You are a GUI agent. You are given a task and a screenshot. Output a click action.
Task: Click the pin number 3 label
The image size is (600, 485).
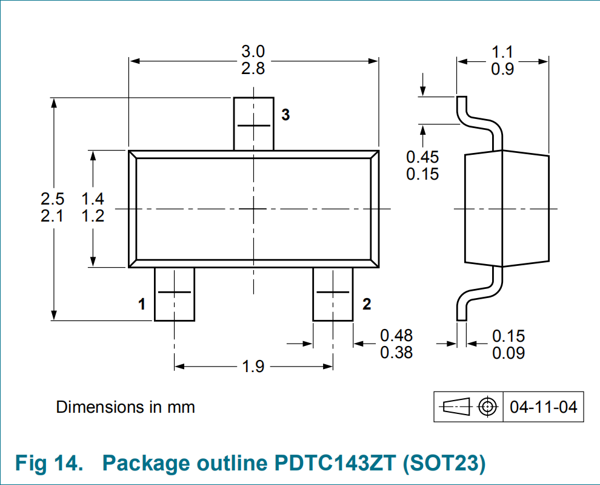tap(285, 115)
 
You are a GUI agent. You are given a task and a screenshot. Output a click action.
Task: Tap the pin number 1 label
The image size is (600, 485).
tap(142, 304)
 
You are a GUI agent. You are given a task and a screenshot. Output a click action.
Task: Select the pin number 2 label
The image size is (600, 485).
tap(367, 304)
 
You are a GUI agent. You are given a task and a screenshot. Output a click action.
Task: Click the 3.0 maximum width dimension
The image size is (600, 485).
tap(253, 52)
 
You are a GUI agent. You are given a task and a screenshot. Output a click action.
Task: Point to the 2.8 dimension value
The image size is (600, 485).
tap(253, 68)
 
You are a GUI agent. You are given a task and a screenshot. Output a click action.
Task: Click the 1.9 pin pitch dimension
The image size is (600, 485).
tap(253, 366)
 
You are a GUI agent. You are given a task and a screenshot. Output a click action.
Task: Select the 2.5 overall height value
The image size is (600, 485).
tap(52, 199)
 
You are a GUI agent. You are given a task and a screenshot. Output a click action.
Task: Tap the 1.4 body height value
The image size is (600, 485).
tap(93, 199)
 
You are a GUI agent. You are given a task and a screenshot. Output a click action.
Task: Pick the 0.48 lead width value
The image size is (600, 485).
tap(396, 336)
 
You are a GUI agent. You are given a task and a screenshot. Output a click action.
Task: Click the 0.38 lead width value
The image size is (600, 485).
tap(396, 352)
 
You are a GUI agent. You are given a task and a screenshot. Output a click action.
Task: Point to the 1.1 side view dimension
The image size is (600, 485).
tap(502, 52)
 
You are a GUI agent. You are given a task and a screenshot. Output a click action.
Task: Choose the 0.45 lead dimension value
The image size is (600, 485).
tap(422, 157)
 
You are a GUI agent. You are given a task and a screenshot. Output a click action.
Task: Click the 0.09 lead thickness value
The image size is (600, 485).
tap(508, 353)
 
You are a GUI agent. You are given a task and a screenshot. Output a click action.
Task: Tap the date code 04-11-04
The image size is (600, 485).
tap(544, 407)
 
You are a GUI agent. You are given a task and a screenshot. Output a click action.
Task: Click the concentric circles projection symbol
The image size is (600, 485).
tap(488, 406)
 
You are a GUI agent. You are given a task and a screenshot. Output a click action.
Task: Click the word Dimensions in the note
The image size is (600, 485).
tap(99, 407)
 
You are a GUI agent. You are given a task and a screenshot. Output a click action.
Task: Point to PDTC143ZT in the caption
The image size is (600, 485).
tap(335, 463)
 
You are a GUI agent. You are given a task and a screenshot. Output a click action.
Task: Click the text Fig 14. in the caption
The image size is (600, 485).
tap(49, 463)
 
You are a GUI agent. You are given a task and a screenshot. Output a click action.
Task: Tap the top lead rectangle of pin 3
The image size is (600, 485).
tap(254, 124)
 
